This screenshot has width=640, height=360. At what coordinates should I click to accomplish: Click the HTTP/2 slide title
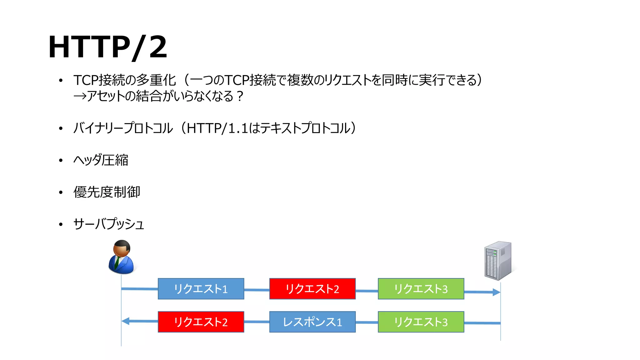(107, 47)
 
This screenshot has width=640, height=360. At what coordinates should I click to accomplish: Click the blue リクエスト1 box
(201, 289)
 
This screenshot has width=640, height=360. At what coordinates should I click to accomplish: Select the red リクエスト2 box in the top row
(312, 289)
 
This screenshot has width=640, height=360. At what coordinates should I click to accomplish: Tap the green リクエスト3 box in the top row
(421, 289)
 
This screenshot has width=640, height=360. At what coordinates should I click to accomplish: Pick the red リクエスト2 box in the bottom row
(201, 322)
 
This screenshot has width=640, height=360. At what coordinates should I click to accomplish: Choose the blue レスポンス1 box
(312, 322)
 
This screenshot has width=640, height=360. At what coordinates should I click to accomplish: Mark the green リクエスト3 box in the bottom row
(421, 322)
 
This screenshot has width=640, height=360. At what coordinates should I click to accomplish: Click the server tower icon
(498, 260)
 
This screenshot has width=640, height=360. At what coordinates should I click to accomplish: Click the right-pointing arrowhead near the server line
(496, 292)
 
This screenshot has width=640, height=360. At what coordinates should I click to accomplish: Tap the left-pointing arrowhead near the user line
(126, 321)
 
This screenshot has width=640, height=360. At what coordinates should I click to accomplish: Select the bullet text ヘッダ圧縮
(101, 160)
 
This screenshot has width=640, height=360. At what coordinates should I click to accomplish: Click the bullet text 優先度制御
(107, 192)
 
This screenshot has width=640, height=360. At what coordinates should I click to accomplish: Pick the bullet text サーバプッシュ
(108, 224)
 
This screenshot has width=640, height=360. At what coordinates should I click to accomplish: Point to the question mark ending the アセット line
(240, 96)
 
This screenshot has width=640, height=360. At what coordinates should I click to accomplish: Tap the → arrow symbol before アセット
(79, 96)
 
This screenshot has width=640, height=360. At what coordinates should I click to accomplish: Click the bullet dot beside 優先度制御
(61, 192)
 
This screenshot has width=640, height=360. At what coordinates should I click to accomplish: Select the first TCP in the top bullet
(86, 80)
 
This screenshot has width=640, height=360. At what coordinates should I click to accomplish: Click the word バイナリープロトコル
(123, 128)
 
